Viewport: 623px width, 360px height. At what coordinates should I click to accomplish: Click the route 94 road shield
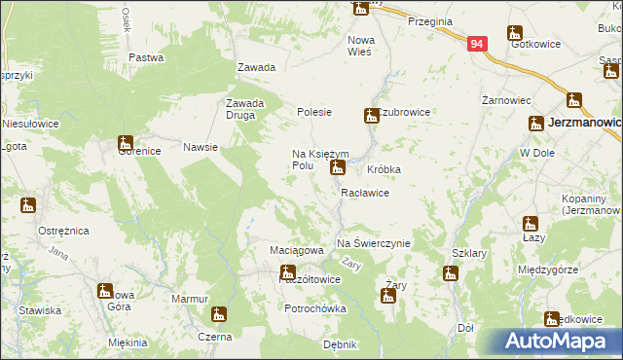pos(476,44)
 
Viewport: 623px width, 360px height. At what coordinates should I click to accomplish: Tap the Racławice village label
pos(365,193)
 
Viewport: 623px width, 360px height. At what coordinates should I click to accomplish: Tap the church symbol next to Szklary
pos(450,273)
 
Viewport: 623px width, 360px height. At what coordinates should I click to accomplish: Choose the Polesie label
pos(314,112)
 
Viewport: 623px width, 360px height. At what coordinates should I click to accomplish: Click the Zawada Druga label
pos(245,109)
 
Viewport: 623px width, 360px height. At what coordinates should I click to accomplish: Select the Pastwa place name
pos(146,57)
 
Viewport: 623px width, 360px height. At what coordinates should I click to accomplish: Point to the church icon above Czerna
pos(220,314)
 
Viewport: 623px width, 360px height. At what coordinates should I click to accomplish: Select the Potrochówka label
pos(315,308)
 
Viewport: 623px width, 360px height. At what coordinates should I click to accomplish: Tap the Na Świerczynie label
pos(373,243)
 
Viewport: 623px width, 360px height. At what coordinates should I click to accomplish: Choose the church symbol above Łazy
pos(531,224)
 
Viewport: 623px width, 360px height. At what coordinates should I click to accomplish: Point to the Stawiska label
pos(40,310)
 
